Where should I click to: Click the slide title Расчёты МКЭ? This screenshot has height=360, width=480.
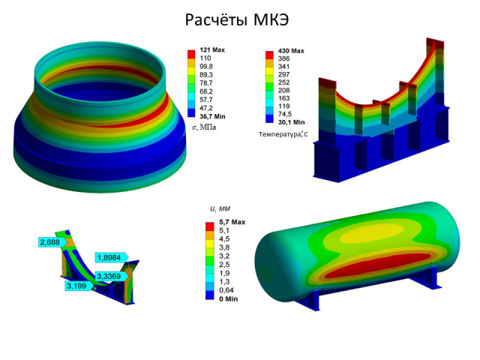pos(237,20)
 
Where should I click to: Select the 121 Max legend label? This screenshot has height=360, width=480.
pos(212,50)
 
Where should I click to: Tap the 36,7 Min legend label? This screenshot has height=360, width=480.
pos(212,117)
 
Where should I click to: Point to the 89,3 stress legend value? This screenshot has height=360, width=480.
pos(206,75)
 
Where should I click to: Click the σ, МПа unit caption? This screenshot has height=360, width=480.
pos(204,127)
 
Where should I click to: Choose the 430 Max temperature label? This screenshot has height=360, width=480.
pos(291,51)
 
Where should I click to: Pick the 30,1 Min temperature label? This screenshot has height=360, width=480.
pos(292,122)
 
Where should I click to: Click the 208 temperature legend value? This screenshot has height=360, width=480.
pos(283,90)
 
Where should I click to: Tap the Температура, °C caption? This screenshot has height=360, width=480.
pos(283,134)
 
